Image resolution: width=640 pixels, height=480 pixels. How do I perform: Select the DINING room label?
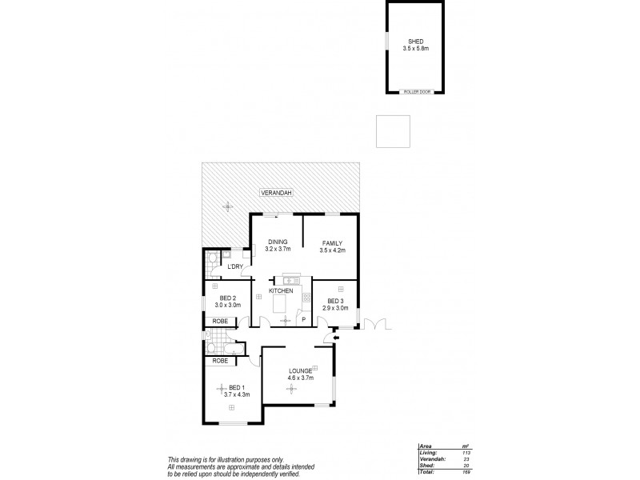(278, 242)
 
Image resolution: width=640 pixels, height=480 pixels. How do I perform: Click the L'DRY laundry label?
(235, 266)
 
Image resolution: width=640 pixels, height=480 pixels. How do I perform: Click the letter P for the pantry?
(303, 320)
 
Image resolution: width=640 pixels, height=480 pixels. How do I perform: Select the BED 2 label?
(226, 298)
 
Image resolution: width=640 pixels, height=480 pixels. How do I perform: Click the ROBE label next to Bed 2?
(220, 321)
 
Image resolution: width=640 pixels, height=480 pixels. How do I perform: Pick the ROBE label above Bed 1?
(220, 361)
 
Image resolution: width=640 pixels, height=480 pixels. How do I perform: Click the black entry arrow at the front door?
(336, 338)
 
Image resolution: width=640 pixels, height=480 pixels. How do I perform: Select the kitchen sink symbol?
(290, 280)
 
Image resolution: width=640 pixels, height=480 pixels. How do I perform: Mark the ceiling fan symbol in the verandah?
(228, 206)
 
